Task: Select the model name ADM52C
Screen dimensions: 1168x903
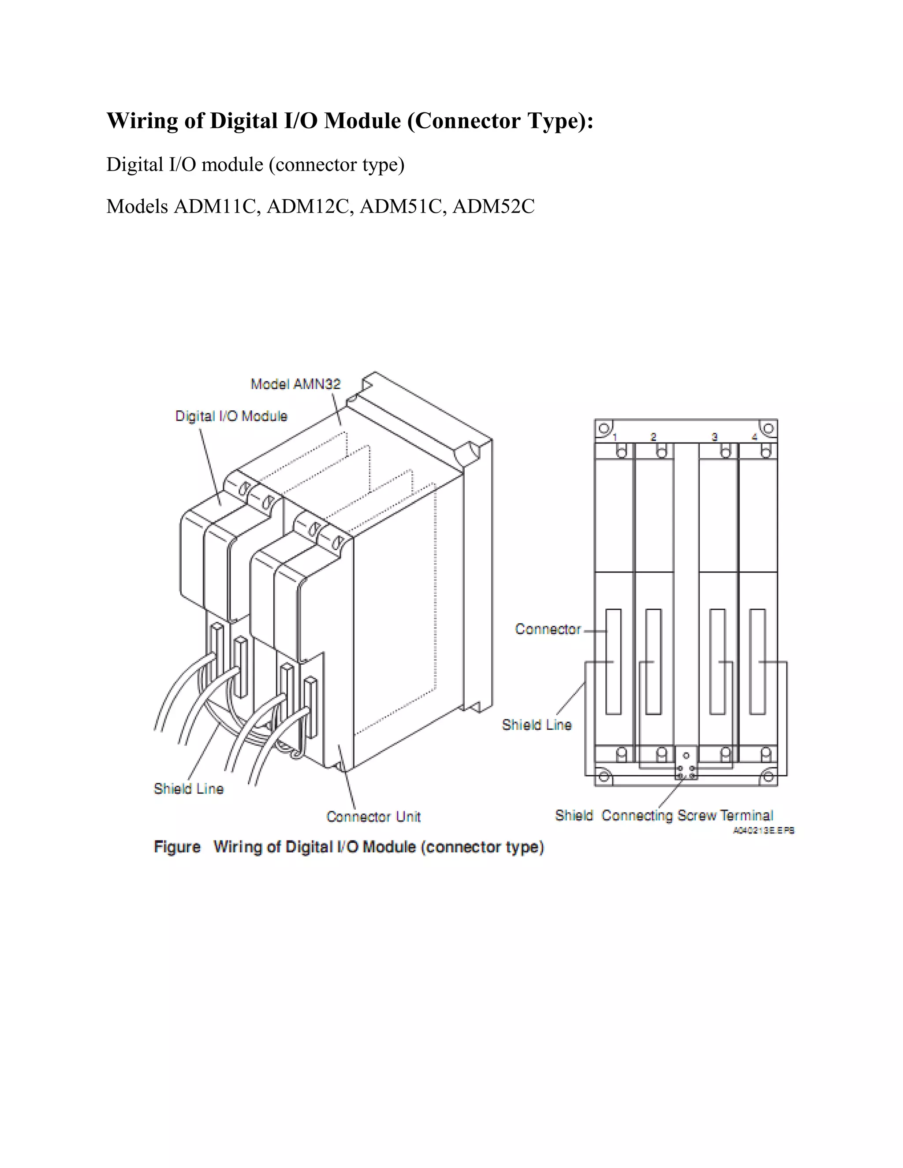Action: point(493,206)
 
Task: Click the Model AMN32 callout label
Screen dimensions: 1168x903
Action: point(296,384)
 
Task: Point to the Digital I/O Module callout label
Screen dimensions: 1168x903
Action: point(231,416)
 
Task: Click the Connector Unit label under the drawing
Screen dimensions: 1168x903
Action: point(373,817)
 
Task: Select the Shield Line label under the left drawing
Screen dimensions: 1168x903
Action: point(188,789)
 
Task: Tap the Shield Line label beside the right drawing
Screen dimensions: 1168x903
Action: point(537,725)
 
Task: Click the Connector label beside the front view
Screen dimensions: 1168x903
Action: point(548,629)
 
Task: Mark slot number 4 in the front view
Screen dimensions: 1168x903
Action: point(755,437)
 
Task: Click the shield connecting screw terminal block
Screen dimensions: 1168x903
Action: point(686,763)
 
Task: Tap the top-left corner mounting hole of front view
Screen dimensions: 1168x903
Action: point(604,428)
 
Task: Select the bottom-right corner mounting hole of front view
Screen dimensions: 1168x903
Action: point(768,776)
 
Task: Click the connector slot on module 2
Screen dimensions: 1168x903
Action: point(653,662)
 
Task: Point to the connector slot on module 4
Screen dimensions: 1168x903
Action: point(757,662)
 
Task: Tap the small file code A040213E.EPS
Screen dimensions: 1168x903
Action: point(763,830)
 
